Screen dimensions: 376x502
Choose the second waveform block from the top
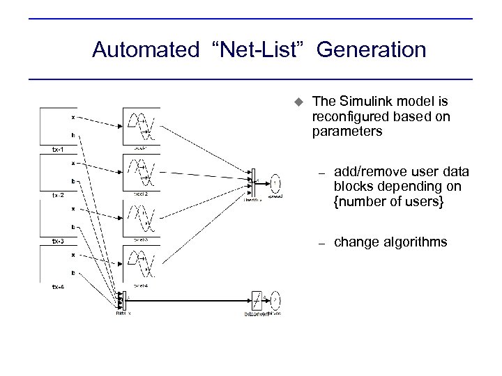tap(141, 172)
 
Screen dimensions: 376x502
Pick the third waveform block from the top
tap(141, 218)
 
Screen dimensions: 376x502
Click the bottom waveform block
tap(141, 264)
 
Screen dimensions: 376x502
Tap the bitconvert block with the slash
tap(257, 299)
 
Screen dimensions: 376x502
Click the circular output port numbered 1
tap(275, 182)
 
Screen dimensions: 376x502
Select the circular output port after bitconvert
tap(275, 300)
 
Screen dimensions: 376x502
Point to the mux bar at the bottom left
tap(120, 299)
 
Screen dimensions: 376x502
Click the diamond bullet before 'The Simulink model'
tap(296, 102)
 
